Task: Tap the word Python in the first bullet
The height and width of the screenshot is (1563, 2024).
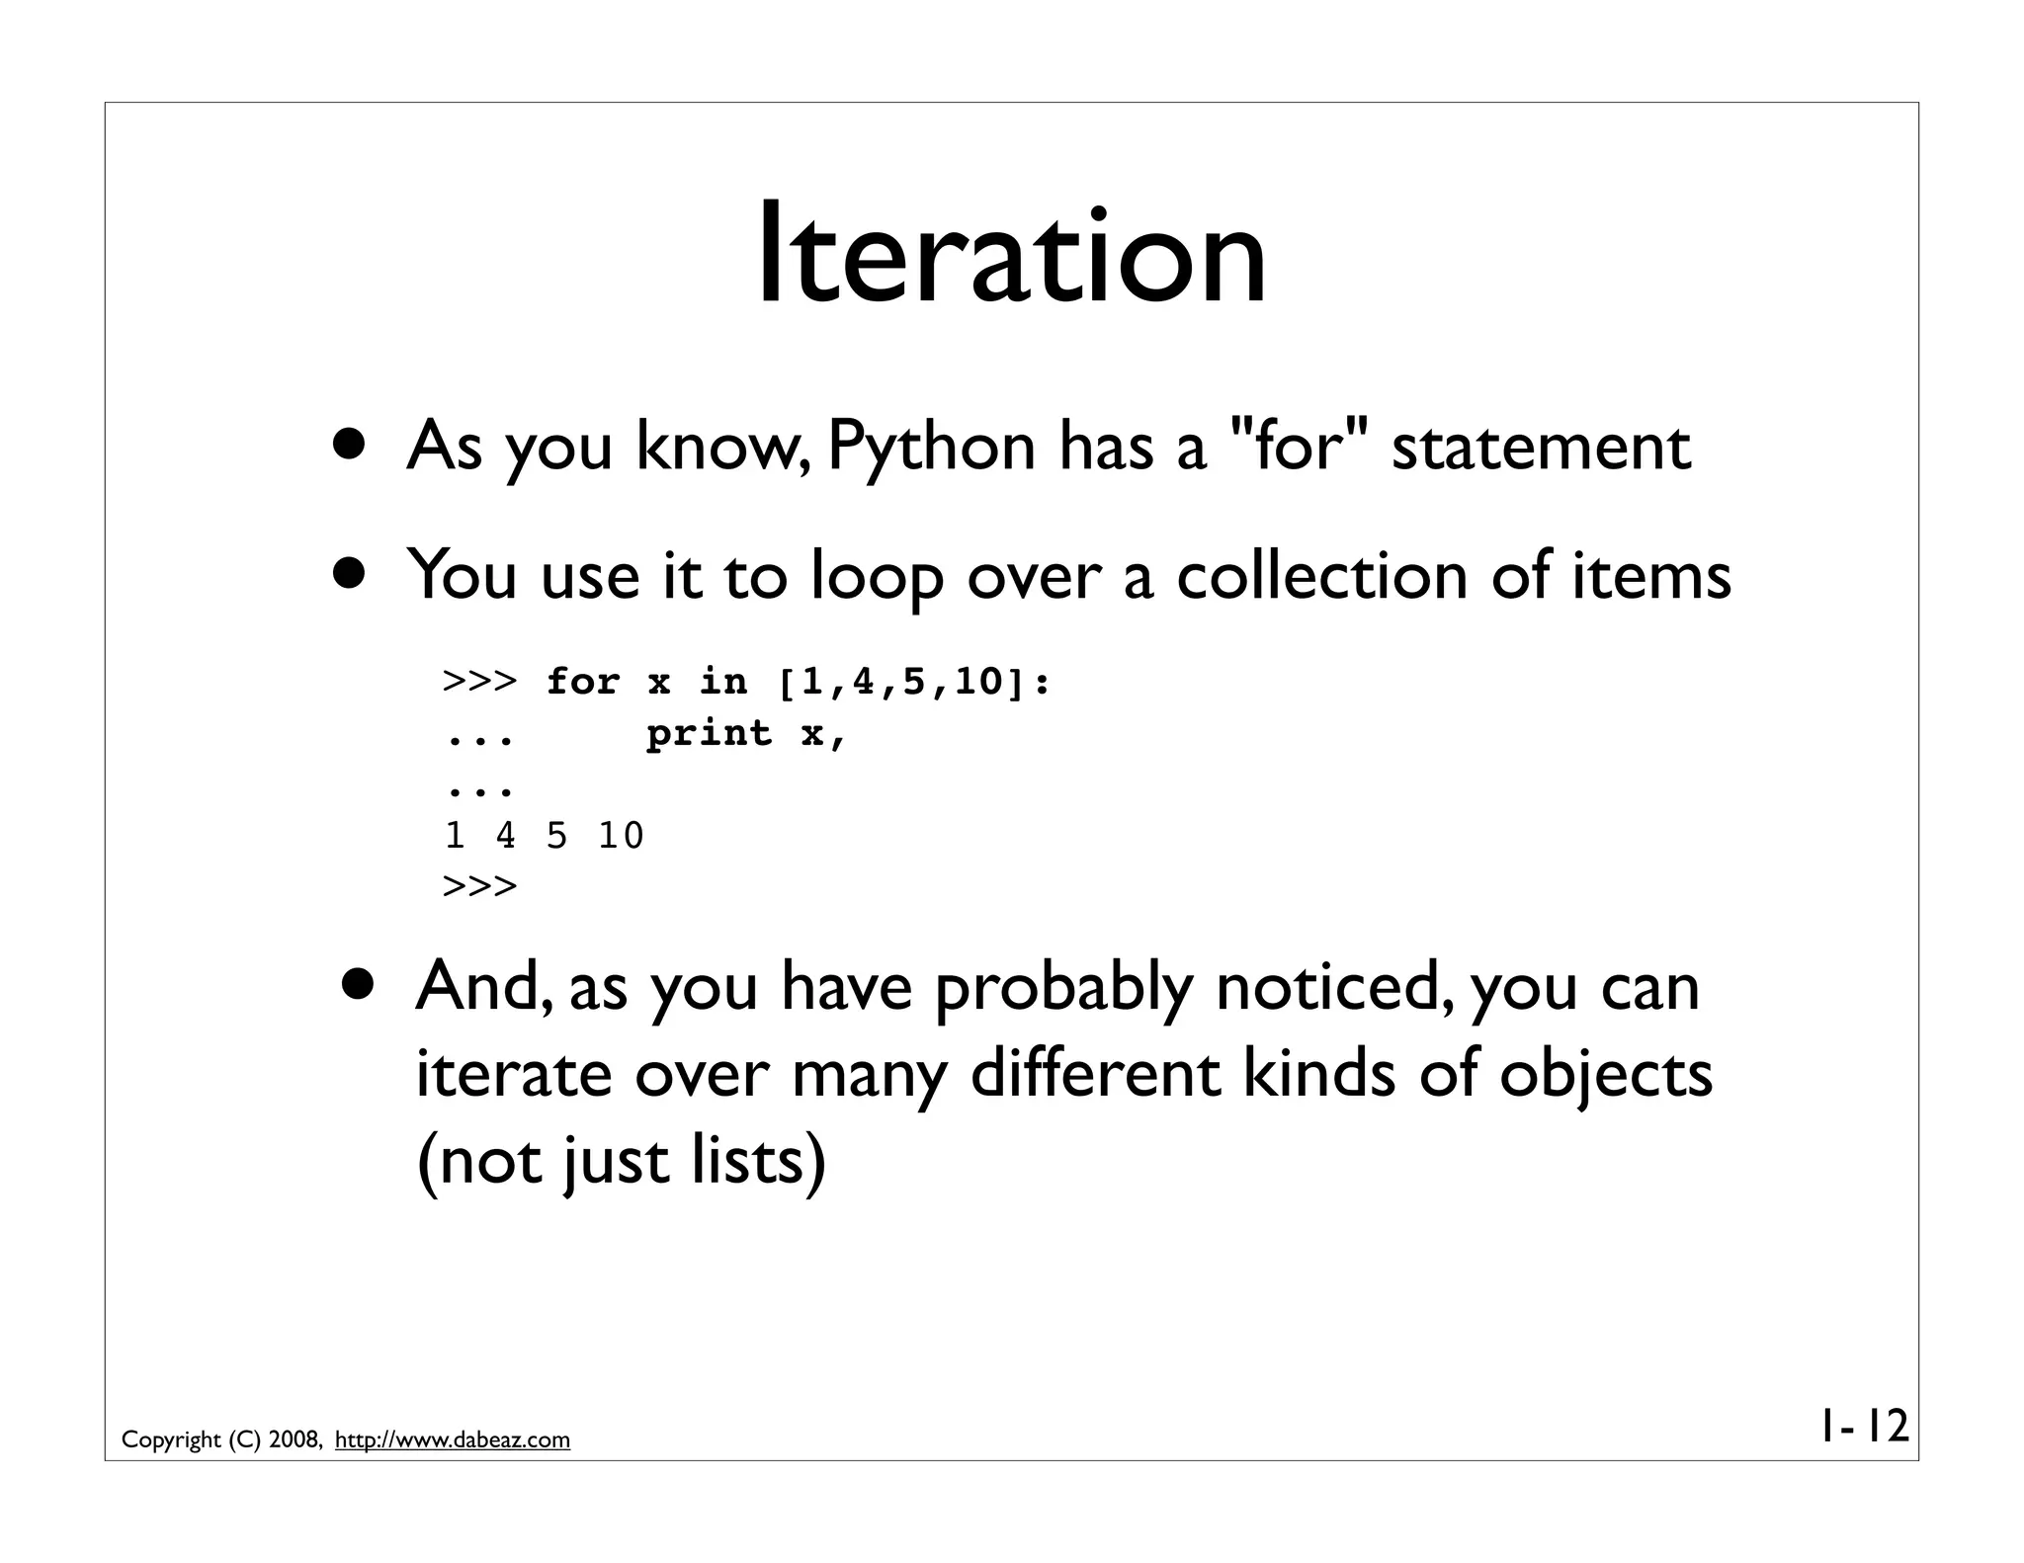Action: point(930,448)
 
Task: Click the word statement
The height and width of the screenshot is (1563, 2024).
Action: point(1541,448)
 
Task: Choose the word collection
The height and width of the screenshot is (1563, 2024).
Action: point(1321,575)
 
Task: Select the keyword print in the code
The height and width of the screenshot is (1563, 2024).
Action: point(710,733)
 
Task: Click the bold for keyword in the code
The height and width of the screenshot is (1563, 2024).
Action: point(583,682)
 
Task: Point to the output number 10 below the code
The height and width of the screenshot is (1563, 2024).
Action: point(621,837)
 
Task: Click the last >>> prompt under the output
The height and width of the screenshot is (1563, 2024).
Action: point(480,886)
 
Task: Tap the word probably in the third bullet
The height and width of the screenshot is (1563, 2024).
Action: point(1062,989)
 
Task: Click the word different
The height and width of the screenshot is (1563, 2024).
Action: point(1095,1074)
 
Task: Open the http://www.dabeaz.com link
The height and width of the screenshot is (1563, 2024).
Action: point(453,1440)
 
